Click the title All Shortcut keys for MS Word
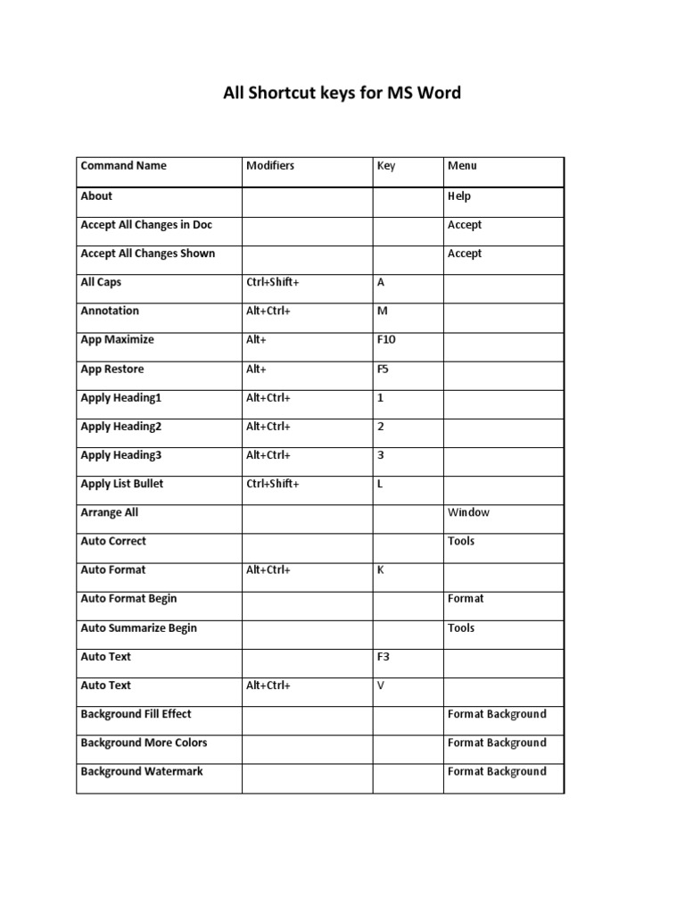342,93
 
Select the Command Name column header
123,165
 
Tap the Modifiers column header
270,165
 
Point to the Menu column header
462,165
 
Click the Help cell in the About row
459,196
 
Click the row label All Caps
101,282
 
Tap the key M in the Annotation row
383,311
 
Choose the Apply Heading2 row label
121,427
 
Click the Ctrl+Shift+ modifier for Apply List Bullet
273,484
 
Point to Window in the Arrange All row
468,512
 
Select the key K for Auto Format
381,569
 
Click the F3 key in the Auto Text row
384,656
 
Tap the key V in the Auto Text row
381,685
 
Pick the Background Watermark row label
142,771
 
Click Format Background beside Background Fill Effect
497,714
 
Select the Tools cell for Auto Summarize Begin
461,627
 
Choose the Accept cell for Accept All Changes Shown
465,253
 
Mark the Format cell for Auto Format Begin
466,599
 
